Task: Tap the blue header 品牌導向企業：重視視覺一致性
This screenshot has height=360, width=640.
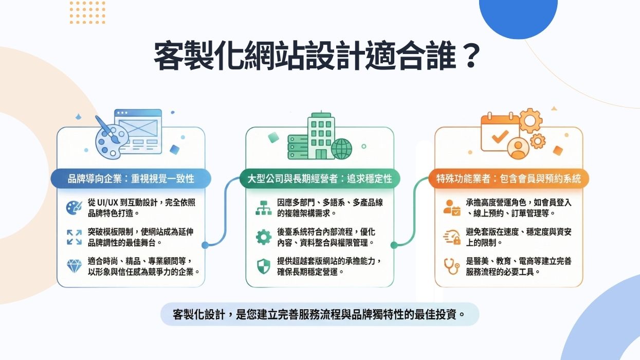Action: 131,178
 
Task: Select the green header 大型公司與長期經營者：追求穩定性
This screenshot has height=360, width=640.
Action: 319,178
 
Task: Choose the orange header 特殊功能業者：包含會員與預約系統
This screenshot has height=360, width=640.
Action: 508,178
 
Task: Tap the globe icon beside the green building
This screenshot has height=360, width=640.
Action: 342,149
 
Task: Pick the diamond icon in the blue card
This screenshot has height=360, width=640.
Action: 75,266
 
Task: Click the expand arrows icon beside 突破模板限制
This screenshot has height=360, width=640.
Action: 75,237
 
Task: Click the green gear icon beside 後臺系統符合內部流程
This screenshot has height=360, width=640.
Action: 263,237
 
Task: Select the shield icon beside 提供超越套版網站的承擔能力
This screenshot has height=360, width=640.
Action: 263,266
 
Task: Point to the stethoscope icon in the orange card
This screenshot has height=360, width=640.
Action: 451,266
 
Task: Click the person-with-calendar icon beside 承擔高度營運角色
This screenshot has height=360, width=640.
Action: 452,207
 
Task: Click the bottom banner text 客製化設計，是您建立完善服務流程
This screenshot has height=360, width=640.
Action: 319,314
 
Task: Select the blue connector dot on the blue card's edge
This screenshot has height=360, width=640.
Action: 205,245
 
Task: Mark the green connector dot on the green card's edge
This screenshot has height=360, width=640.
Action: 394,245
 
